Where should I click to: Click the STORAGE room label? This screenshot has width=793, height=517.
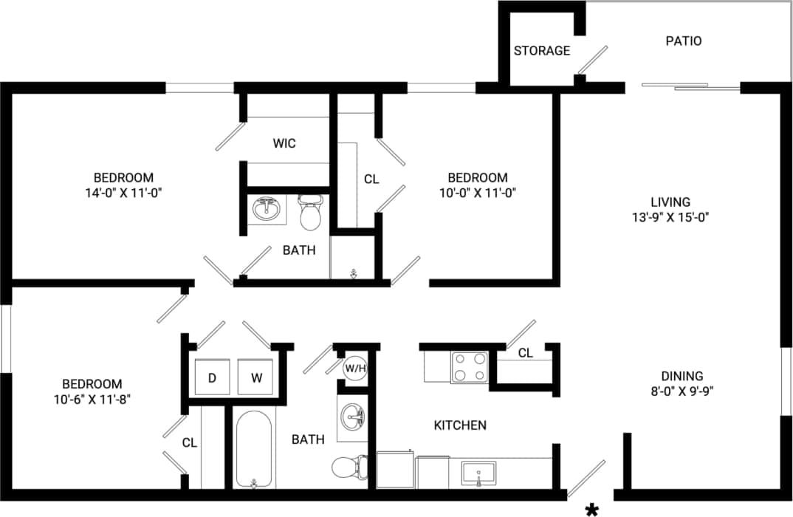click(542, 51)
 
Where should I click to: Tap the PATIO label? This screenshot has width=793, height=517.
click(683, 41)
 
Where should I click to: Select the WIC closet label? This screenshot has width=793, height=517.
click(284, 143)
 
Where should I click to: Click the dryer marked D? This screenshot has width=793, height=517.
click(212, 378)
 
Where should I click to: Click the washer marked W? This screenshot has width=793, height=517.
click(256, 378)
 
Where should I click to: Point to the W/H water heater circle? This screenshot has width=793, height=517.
click(355, 368)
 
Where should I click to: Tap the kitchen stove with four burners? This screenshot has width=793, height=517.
click(470, 366)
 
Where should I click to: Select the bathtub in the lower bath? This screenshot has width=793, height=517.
click(254, 448)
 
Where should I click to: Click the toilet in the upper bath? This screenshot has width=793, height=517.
click(311, 212)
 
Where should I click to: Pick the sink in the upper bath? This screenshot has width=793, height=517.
click(267, 210)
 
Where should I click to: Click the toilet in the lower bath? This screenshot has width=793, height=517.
click(349, 467)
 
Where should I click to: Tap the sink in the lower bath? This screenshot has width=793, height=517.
click(354, 418)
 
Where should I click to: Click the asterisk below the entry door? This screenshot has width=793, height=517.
click(591, 509)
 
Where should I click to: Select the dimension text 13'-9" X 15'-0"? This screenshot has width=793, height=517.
click(670, 218)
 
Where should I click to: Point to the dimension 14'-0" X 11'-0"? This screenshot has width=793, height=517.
click(123, 194)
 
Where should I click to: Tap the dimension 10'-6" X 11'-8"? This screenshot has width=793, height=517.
click(92, 400)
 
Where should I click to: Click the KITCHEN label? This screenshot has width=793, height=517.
click(459, 425)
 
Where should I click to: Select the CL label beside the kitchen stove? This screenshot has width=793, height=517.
click(525, 354)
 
